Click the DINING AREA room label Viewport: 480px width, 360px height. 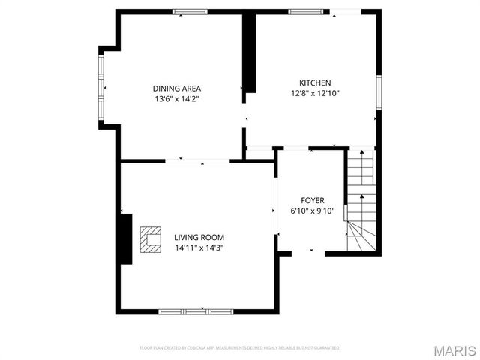[x=177, y=88]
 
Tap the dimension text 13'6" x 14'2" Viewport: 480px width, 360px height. [x=177, y=98]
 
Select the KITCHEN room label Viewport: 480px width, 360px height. [x=315, y=82]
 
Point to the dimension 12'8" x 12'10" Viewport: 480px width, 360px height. [x=315, y=93]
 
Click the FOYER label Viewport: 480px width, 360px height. [x=313, y=200]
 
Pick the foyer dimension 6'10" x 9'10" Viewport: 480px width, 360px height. [x=313, y=211]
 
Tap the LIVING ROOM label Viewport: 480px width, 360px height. [x=199, y=237]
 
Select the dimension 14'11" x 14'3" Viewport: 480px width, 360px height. [x=199, y=247]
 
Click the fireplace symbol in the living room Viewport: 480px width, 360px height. [x=152, y=238]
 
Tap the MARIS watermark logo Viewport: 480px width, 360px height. [x=453, y=350]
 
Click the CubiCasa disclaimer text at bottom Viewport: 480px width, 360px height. [x=240, y=348]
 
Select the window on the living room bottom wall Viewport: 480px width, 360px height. [x=195, y=310]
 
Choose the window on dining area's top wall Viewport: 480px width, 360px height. [x=189, y=11]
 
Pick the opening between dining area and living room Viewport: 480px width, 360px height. [x=197, y=160]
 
